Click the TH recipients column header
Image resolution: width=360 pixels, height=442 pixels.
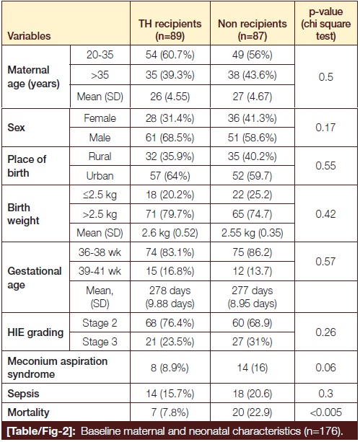[x=170, y=30]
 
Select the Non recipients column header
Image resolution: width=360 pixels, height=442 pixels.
[x=253, y=30]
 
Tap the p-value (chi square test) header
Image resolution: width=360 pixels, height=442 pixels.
[x=326, y=24]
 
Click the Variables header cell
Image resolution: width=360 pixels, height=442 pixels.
[x=29, y=36]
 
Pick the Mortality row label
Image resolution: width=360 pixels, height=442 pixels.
[x=28, y=412]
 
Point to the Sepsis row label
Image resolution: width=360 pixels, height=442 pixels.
[x=23, y=394]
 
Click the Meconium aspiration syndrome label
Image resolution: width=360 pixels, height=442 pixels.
[x=58, y=368]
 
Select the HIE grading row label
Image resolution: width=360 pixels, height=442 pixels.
[x=35, y=332]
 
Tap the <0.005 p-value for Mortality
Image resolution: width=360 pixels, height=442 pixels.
[x=326, y=412]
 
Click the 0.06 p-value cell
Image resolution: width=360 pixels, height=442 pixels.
[x=326, y=368]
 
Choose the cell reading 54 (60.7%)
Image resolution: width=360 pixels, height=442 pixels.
[x=170, y=55]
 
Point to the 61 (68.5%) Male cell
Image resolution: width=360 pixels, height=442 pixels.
[x=170, y=138]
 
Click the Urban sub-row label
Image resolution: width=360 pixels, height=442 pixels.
[x=100, y=176]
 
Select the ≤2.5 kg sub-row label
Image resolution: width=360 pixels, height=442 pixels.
[x=100, y=195]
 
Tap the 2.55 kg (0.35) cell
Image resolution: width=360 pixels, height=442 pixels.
[x=253, y=233]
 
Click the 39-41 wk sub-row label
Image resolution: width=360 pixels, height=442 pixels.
[x=100, y=271]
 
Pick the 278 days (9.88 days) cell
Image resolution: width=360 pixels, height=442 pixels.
[x=170, y=297]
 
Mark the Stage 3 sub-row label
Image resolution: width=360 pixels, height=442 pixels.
[x=100, y=342]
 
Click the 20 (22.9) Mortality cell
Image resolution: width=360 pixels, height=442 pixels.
[x=253, y=412]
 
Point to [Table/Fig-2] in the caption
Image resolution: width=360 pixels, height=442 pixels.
[x=41, y=431]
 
